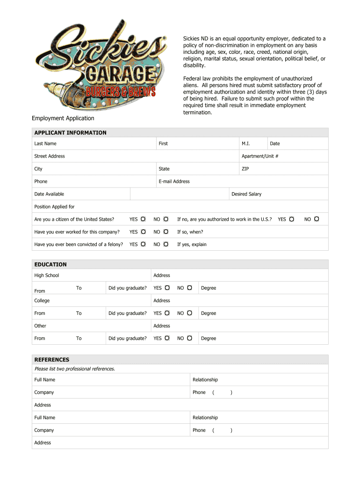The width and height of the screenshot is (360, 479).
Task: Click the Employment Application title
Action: coord(63,118)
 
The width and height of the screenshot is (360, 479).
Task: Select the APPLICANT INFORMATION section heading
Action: coord(70,133)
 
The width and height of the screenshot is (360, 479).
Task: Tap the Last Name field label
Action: coord(45,144)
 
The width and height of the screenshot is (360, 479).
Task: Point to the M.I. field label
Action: coord(246,144)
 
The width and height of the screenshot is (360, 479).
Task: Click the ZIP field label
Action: coord(245,169)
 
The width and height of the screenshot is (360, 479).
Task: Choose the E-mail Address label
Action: coord(174,181)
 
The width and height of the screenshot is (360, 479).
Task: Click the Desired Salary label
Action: coord(246,194)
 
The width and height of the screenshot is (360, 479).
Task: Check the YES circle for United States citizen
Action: coord(144,219)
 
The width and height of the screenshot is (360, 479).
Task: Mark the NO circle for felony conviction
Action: coord(166,244)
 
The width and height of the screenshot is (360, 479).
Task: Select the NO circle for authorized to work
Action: coord(317,219)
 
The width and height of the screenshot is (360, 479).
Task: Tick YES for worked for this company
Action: coord(144,232)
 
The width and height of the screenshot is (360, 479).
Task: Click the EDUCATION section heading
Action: coord(50,264)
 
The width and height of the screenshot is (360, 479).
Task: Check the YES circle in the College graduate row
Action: coord(167,313)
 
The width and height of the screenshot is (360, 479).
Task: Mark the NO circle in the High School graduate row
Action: coord(189,288)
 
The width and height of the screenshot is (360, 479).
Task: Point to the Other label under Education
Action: coord(40,326)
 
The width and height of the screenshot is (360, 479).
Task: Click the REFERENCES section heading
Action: coord(51,360)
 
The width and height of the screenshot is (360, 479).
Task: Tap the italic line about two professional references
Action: coord(75,369)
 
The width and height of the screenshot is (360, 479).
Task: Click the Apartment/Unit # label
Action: coord(260,156)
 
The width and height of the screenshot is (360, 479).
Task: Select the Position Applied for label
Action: coord(54,207)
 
